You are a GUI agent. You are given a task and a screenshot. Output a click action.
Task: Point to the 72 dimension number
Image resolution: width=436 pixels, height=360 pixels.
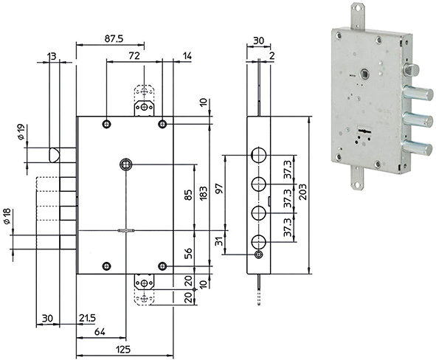click(x=134, y=55)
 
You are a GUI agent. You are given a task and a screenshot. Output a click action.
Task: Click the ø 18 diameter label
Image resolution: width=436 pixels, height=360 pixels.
click(x=7, y=218)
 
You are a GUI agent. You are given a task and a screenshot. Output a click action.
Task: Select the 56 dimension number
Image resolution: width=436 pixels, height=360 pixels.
click(x=188, y=252)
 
